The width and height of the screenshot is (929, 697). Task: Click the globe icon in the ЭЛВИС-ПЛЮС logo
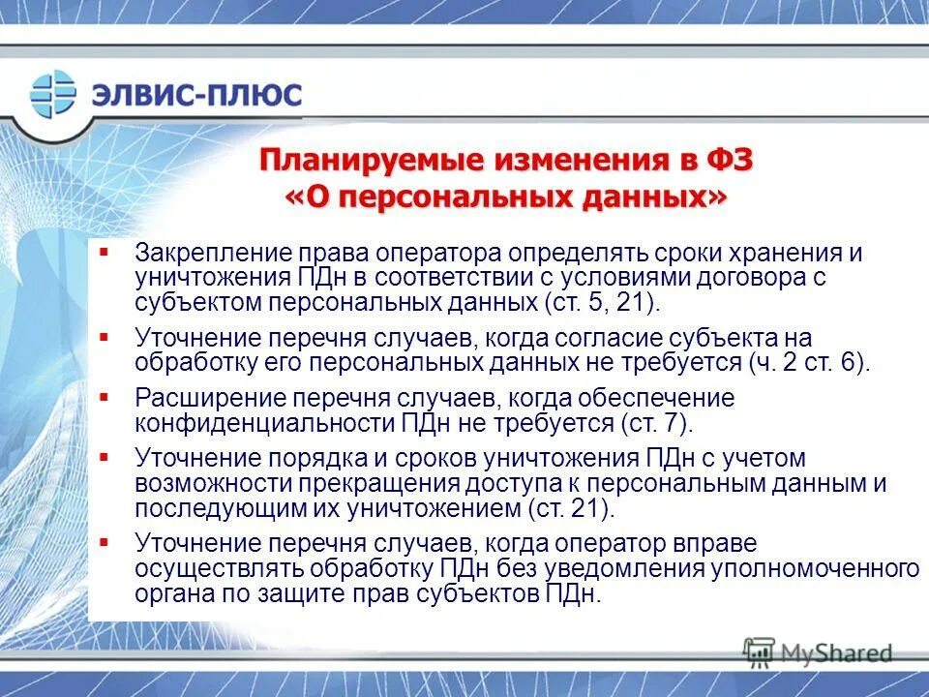click(53, 94)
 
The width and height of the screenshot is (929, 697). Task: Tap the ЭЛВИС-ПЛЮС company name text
click(196, 95)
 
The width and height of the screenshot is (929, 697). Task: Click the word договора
click(771, 278)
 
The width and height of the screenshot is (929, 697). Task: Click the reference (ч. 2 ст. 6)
click(809, 363)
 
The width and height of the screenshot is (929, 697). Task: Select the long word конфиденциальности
click(266, 423)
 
